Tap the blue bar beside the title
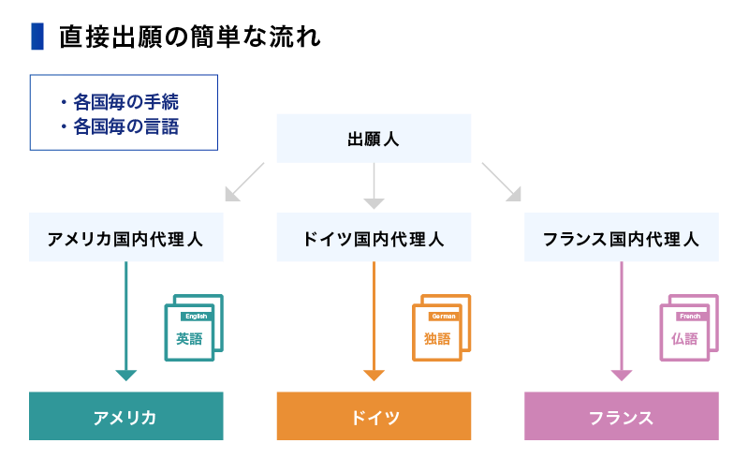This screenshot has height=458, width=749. click(x=37, y=37)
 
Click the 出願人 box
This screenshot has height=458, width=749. click(x=374, y=139)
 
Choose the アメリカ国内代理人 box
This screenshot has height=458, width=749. click(x=126, y=237)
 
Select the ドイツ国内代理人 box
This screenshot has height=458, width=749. click(x=374, y=237)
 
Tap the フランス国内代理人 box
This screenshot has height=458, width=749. click(x=621, y=237)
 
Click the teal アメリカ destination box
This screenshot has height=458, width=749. click(x=126, y=416)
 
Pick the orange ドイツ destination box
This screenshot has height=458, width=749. click(x=374, y=416)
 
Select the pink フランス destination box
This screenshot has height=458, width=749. click(x=621, y=416)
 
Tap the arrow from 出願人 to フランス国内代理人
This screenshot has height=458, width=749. click(x=502, y=182)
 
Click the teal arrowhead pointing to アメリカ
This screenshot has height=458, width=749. click(x=126, y=375)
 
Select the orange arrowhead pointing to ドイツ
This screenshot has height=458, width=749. click(x=374, y=375)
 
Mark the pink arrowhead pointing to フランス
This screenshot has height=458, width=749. click(x=622, y=375)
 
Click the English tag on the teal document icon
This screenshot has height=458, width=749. click(x=196, y=317)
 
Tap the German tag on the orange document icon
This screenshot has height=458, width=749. click(x=443, y=317)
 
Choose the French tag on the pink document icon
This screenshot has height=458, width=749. click(x=690, y=317)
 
